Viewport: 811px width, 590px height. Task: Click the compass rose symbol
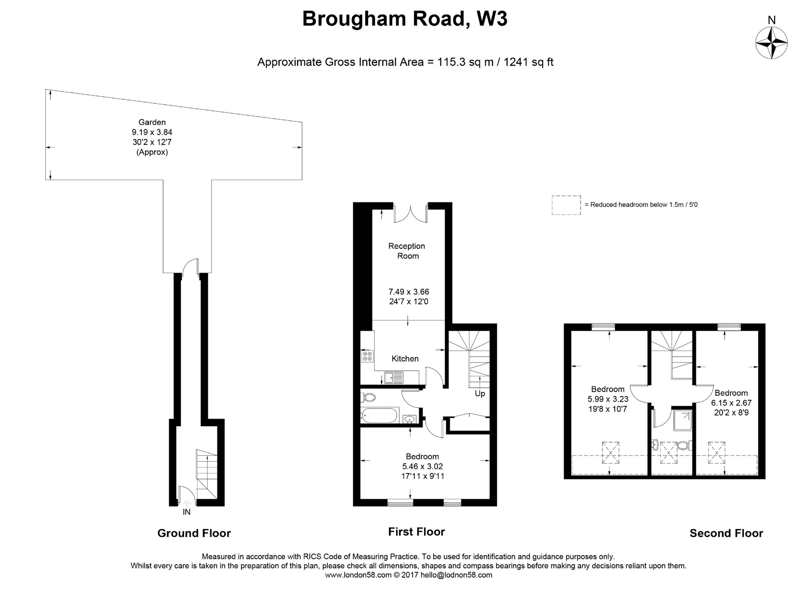(771, 43)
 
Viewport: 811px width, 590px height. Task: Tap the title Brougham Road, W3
(404, 19)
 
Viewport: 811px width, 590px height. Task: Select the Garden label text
(152, 122)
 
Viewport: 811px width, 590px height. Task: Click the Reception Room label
(407, 251)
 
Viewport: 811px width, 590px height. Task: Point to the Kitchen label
(405, 358)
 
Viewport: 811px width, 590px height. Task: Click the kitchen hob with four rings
(367, 356)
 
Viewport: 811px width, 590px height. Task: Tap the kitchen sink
(393, 377)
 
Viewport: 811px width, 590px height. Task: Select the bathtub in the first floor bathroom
(379, 415)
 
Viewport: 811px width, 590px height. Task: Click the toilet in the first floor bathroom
(368, 397)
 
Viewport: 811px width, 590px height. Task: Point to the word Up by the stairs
(479, 393)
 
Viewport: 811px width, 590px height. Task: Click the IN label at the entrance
(186, 512)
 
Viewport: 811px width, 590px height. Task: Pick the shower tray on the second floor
(682, 420)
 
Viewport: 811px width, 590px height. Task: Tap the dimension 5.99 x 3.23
(608, 399)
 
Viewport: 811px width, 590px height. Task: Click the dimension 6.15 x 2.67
(731, 403)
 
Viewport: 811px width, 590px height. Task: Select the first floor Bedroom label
(422, 456)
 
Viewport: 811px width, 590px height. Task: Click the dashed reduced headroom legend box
(566, 205)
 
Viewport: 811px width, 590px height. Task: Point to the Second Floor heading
(726, 533)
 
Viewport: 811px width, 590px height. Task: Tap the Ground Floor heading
(194, 533)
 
